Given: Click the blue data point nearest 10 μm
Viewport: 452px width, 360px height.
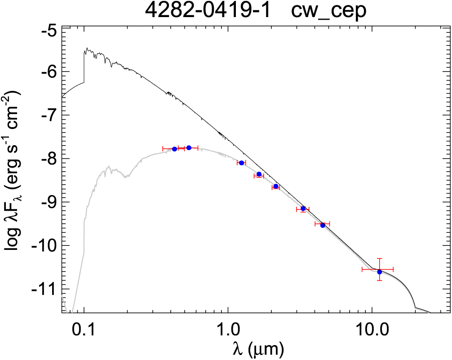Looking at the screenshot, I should (379, 271).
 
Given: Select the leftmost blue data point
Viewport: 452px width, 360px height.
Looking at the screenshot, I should (174, 149).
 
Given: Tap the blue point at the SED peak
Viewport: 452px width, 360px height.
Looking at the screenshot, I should (189, 147).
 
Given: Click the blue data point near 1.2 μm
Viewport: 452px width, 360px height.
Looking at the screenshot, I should (241, 163).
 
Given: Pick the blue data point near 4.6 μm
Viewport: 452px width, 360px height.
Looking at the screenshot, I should (323, 225).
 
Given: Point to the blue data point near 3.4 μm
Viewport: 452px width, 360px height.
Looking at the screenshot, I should (303, 209).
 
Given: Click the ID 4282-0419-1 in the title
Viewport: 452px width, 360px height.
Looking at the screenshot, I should (207, 11).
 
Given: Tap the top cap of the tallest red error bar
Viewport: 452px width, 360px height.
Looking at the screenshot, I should (379, 258).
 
